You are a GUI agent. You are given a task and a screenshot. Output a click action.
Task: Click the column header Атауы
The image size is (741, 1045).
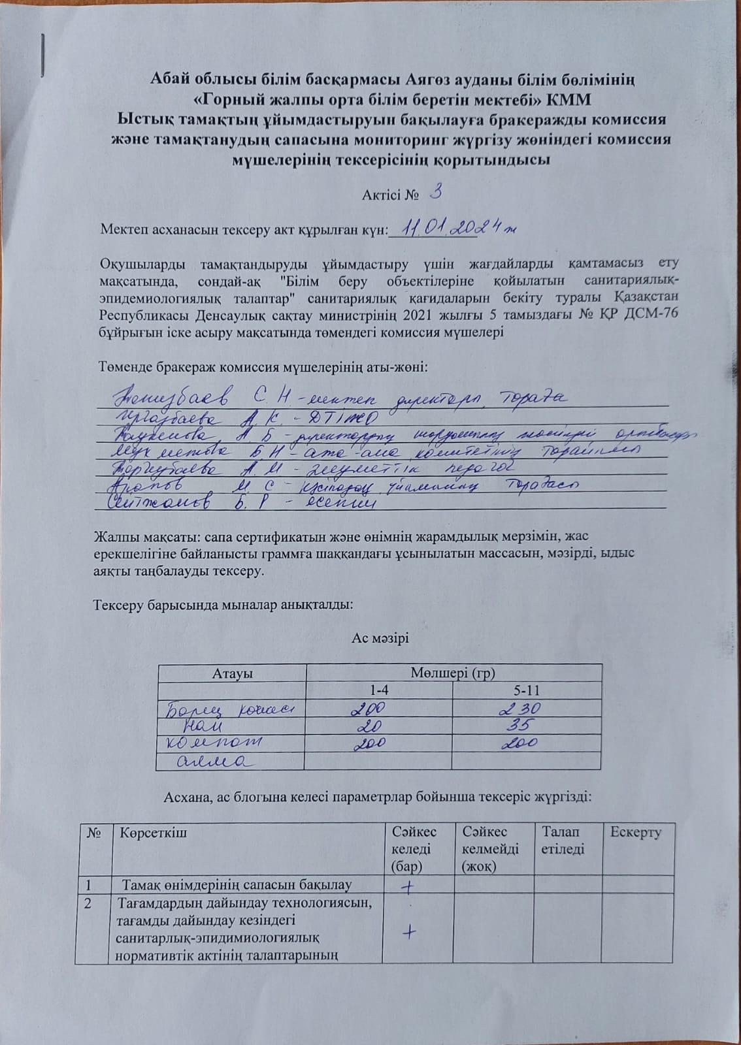point(232,673)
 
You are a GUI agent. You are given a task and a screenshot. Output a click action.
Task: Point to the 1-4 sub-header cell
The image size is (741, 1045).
point(379,690)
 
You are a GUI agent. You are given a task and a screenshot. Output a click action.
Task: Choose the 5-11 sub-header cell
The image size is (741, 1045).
point(527,690)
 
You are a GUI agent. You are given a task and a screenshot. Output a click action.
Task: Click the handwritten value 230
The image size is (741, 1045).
point(520,709)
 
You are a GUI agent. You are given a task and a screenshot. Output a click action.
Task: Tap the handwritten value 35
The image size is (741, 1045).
point(521,725)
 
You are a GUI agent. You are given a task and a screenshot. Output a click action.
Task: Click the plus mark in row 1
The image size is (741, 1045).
point(408,886)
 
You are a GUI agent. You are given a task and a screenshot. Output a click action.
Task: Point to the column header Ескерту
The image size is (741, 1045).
point(635,832)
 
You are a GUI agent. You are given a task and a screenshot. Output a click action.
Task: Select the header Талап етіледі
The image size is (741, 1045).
point(560,840)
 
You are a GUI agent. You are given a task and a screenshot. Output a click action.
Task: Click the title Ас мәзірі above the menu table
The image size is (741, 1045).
point(380,638)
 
